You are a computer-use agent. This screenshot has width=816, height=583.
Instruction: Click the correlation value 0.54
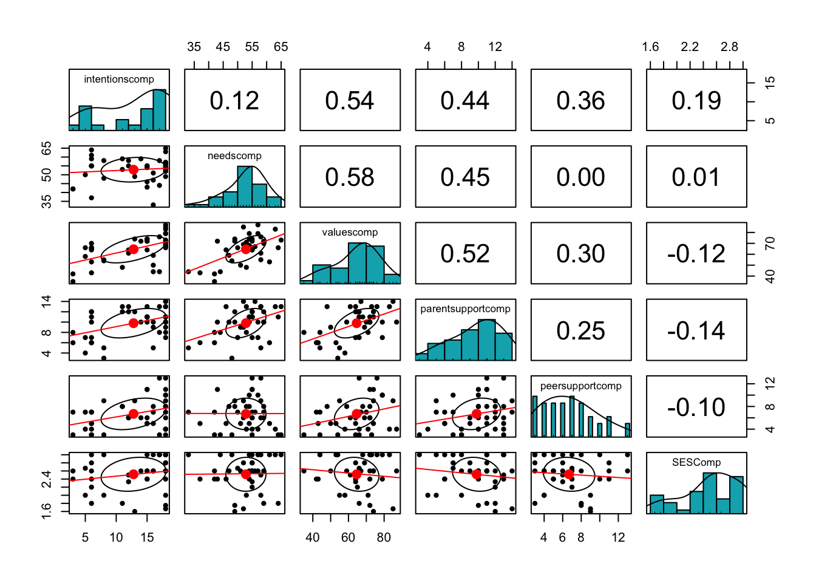click(x=350, y=101)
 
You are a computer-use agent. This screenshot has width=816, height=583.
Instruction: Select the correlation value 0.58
click(x=350, y=177)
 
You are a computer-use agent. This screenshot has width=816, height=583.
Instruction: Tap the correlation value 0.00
click(x=580, y=177)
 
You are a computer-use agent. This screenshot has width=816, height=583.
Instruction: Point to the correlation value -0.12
click(x=696, y=254)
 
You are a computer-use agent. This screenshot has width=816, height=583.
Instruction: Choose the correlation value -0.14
click(x=696, y=331)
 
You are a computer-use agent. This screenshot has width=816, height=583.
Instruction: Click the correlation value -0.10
click(x=696, y=407)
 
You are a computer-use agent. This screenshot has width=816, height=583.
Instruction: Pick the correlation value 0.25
click(x=580, y=331)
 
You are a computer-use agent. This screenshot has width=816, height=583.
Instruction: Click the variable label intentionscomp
click(x=119, y=79)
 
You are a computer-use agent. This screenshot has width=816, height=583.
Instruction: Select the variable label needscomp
click(x=234, y=155)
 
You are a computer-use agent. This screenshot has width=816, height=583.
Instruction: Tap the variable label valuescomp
click(x=350, y=232)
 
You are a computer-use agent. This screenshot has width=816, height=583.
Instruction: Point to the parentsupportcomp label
click(x=465, y=309)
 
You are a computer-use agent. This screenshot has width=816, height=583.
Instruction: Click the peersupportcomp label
click(x=580, y=386)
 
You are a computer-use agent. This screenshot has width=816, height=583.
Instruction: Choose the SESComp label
click(x=696, y=462)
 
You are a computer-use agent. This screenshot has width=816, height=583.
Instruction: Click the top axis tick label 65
click(x=280, y=47)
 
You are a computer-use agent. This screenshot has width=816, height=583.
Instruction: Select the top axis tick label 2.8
click(x=729, y=47)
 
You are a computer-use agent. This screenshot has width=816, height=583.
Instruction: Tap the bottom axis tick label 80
click(x=384, y=537)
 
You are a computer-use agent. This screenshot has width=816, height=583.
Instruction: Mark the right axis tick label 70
click(x=770, y=244)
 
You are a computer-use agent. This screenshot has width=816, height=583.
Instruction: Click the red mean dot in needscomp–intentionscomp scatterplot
click(x=134, y=169)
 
